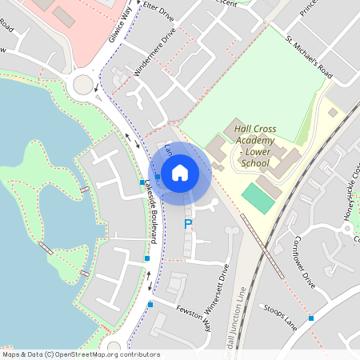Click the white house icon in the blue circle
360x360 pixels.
(180, 171)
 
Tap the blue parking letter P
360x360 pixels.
(188, 225)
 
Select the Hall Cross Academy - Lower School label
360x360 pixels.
(254, 141)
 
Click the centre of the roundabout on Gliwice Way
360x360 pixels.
(83, 82)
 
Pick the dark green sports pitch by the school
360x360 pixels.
(258, 198)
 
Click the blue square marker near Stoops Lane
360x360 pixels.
(311, 318)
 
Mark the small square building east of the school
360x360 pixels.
(332, 113)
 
